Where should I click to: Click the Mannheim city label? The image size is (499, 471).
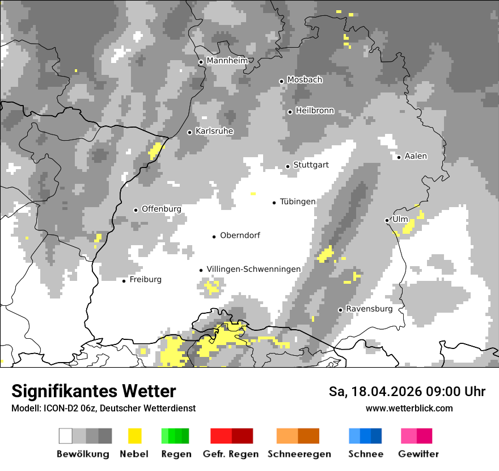(x=227, y=61)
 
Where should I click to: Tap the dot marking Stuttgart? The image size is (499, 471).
(x=287, y=166)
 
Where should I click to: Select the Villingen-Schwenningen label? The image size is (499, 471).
(x=253, y=269)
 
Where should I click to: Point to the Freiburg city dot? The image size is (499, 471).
(x=124, y=281)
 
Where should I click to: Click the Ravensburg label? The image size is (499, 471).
(x=369, y=309)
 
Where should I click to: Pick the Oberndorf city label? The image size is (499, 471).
(x=240, y=235)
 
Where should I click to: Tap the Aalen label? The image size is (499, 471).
(x=416, y=156)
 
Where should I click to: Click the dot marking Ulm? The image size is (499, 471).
(x=387, y=220)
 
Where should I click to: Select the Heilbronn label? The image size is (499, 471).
(x=315, y=111)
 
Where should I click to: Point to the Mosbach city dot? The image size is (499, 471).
(x=281, y=81)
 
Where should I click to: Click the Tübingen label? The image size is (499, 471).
(x=298, y=201)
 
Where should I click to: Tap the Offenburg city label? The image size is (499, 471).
(x=161, y=209)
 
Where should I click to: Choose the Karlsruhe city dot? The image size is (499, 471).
(x=190, y=132)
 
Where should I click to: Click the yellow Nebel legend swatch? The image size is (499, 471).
(x=134, y=436)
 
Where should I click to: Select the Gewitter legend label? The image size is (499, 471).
(x=418, y=454)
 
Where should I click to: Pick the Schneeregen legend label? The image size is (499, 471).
(x=299, y=454)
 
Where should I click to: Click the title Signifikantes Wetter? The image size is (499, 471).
(x=94, y=391)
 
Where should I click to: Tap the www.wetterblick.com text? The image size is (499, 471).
(x=409, y=408)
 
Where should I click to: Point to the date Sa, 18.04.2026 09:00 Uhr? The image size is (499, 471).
(x=407, y=392)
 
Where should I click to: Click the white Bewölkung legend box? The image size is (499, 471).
(x=66, y=436)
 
